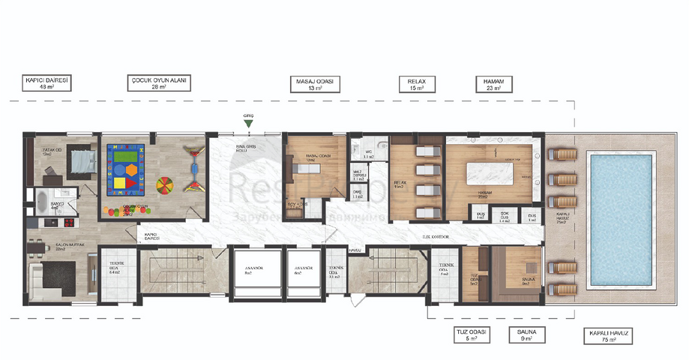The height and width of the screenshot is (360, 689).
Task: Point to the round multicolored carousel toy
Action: point(166,184)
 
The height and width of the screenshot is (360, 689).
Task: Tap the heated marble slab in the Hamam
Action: point(489,175)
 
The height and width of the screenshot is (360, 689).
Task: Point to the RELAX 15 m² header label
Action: point(416,82)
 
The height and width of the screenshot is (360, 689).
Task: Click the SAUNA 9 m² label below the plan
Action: point(527,334)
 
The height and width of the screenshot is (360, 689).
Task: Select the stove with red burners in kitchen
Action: point(63,223)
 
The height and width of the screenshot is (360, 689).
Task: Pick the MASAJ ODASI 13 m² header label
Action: point(315,82)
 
